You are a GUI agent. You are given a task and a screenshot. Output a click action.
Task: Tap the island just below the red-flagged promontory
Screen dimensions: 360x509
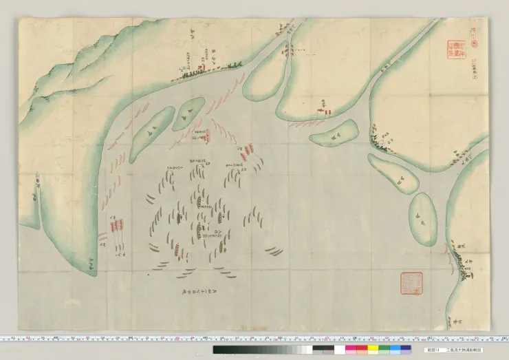click(x=336, y=132)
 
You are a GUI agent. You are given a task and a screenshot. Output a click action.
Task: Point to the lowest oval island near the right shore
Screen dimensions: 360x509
click(x=422, y=218)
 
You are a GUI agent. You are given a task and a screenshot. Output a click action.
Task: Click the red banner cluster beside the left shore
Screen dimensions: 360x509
click(x=117, y=226)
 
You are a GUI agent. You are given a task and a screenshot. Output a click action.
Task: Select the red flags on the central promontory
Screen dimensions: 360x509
click(x=323, y=109)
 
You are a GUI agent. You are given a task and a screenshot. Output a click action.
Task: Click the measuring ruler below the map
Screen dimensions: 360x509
click(x=254, y=339)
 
